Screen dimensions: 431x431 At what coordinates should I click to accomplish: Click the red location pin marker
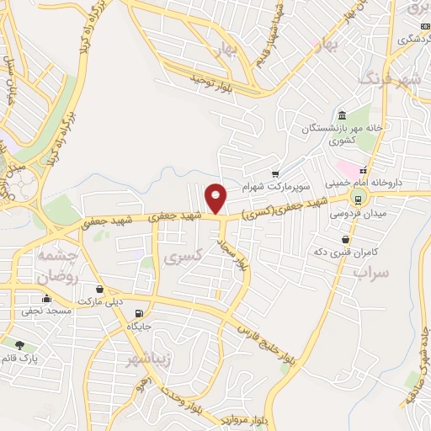[216, 197]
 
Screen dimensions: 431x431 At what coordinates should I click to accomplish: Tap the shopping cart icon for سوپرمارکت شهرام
[274, 173]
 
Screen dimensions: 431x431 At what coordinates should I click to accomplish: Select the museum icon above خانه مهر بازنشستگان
[342, 115]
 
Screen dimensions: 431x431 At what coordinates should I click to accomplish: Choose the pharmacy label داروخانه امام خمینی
[388, 182]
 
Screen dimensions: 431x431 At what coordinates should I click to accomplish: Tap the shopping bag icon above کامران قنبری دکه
[345, 240]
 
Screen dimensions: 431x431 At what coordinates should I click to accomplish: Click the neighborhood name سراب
[372, 273]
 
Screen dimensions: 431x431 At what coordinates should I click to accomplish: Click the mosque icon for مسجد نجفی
[45, 299]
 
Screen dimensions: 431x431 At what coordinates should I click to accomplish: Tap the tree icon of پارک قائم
[19, 343]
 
